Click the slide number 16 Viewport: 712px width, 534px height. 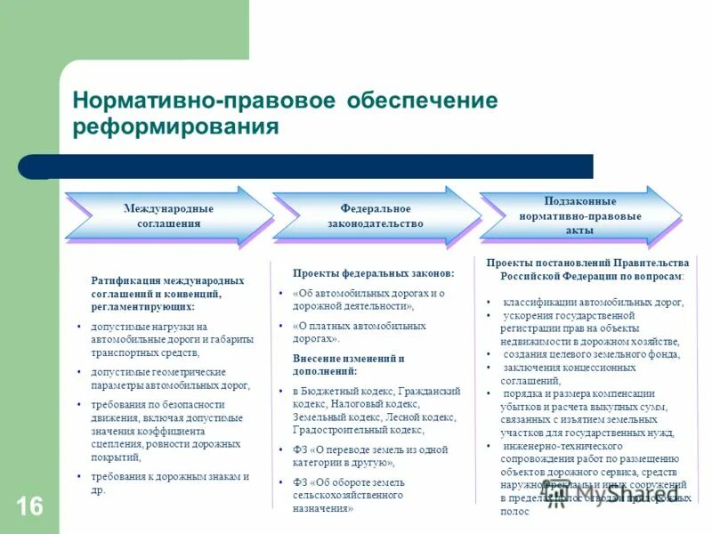pyautogui.click(x=28, y=507)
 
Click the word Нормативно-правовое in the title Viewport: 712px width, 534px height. pyautogui.click(x=189, y=101)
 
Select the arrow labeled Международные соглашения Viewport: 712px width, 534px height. pyautogui.click(x=168, y=216)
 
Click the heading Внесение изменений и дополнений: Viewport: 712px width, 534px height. pyautogui.click(x=348, y=364)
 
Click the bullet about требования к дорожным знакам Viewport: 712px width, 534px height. pyautogui.click(x=169, y=482)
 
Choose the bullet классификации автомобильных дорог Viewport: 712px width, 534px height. pyautogui.click(x=593, y=303)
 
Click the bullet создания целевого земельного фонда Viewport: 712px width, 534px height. pyautogui.click(x=590, y=354)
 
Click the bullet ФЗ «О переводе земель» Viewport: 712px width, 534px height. pyautogui.click(x=369, y=456)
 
